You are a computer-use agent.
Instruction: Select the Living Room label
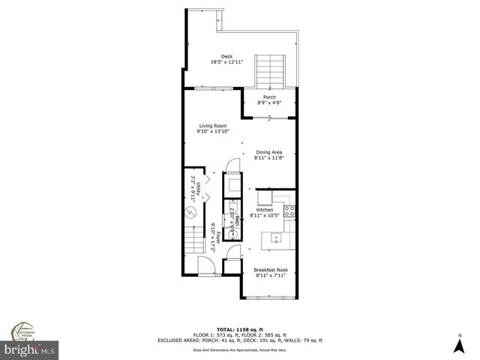coord(213,125)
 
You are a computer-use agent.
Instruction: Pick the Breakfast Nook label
coord(270,269)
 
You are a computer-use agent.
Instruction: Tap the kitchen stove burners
coord(289,211)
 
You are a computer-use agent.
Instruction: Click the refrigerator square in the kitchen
coord(264,198)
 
